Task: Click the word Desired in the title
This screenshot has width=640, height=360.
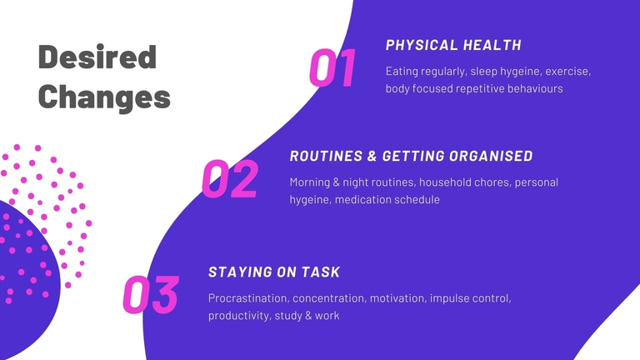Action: [97, 57]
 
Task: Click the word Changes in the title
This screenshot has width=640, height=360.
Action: [104, 97]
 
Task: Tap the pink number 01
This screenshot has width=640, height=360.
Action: [332, 67]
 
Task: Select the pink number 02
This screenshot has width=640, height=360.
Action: [230, 179]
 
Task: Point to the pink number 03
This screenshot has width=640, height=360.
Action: [151, 295]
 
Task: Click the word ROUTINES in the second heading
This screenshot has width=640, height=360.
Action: [326, 156]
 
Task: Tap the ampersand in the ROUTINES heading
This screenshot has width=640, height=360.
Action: [372, 156]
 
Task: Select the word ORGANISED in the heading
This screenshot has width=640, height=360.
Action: [491, 156]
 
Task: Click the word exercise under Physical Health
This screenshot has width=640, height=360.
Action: [568, 72]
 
